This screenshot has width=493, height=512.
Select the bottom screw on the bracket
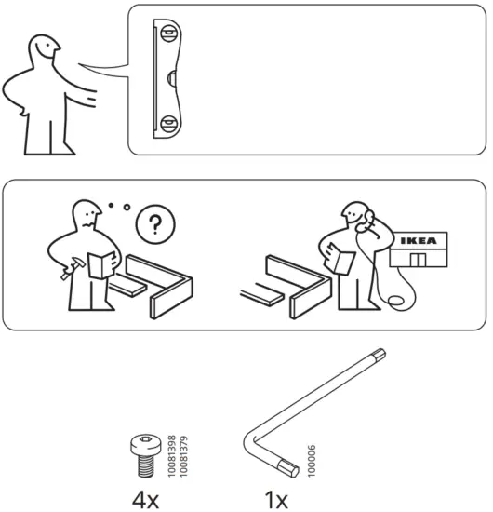168,122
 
